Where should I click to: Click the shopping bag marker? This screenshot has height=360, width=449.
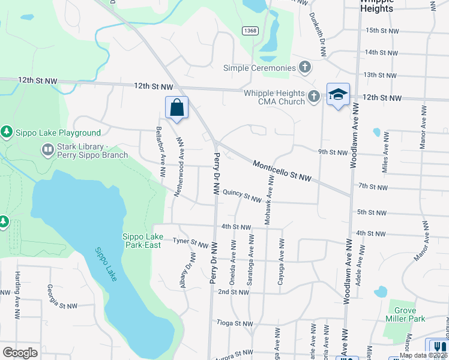pyautogui.click(x=177, y=108)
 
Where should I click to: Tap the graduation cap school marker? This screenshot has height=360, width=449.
pyautogui.click(x=339, y=95)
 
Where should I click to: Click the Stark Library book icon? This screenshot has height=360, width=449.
pyautogui.click(x=47, y=149)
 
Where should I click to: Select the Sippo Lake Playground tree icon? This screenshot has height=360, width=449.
pyautogui.click(x=7, y=131)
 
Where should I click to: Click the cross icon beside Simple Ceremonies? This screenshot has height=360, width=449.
pyautogui.click(x=305, y=67)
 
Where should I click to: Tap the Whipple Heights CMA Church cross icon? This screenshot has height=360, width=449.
pyautogui.click(x=313, y=97)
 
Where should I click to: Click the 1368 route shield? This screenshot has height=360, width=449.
pyautogui.click(x=250, y=30)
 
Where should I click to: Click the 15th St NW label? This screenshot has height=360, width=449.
pyautogui.click(x=382, y=30)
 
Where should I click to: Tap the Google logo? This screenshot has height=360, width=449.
pyautogui.click(x=20, y=352)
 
